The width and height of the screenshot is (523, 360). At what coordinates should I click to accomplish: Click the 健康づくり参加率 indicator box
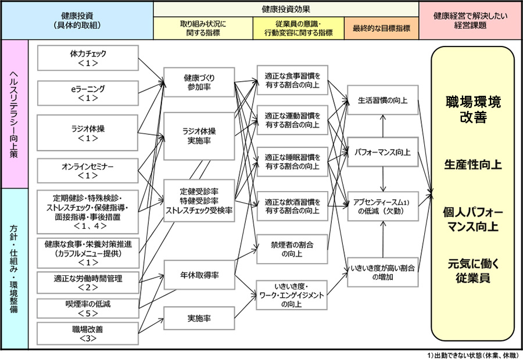199,82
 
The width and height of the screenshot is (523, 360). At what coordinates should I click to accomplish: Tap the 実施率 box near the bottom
199,319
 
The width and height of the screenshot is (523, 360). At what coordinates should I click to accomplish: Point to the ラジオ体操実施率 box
199,136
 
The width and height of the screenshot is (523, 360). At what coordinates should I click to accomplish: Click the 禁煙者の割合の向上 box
292,248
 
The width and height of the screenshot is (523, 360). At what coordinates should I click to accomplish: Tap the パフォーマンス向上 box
383,153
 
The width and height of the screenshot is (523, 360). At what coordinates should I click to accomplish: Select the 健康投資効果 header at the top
286,9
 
